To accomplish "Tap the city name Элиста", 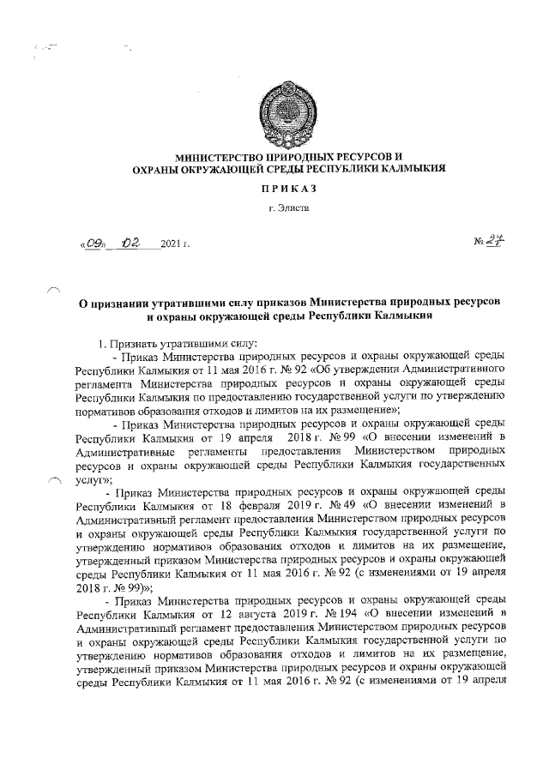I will point(293,208).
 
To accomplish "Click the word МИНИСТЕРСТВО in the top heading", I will point(219,157).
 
